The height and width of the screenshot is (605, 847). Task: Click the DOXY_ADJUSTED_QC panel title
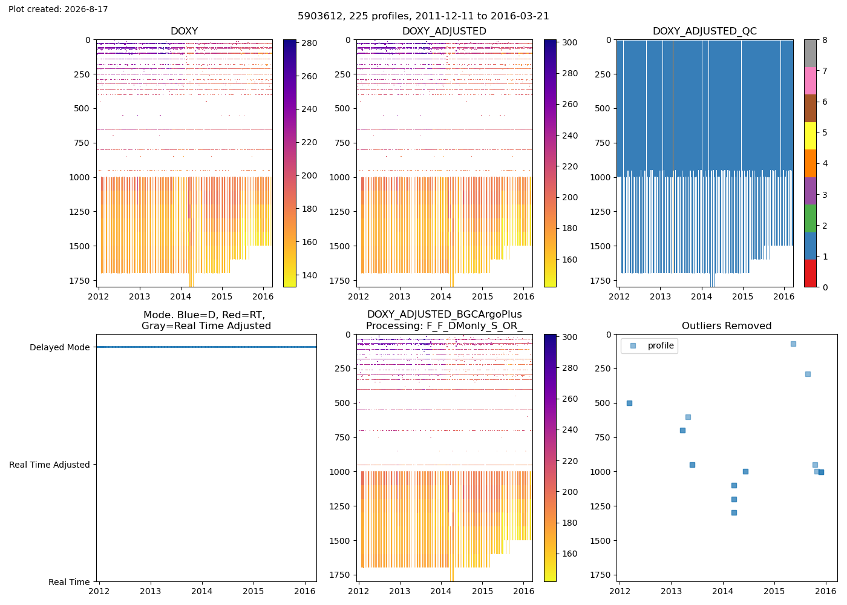(x=704, y=31)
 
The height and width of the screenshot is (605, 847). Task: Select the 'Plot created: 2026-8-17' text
(x=58, y=9)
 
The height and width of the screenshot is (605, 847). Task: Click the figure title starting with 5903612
(x=423, y=16)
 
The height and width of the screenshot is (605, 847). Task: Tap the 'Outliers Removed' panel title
(x=727, y=325)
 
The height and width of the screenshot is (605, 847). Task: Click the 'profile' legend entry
(x=661, y=345)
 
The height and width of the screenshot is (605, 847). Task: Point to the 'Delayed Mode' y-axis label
(x=60, y=347)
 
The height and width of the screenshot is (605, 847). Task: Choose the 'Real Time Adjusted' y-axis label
(x=50, y=465)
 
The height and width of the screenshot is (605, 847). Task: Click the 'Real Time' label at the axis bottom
(x=69, y=582)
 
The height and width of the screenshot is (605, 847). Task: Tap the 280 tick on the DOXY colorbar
(x=309, y=43)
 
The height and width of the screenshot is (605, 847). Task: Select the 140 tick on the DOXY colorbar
(x=309, y=275)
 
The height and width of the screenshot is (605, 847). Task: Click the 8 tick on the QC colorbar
(x=825, y=40)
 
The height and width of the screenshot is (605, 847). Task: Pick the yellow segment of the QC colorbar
(x=810, y=136)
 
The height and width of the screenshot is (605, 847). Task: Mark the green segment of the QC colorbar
(x=810, y=218)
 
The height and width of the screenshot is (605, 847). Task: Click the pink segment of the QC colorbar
(x=810, y=81)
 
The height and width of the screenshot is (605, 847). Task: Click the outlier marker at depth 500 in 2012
(x=630, y=403)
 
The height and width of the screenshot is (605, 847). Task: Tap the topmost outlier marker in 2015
(x=793, y=344)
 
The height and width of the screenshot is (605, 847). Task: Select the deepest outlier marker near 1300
(x=734, y=513)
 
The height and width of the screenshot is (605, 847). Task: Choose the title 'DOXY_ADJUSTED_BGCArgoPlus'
(x=444, y=314)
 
